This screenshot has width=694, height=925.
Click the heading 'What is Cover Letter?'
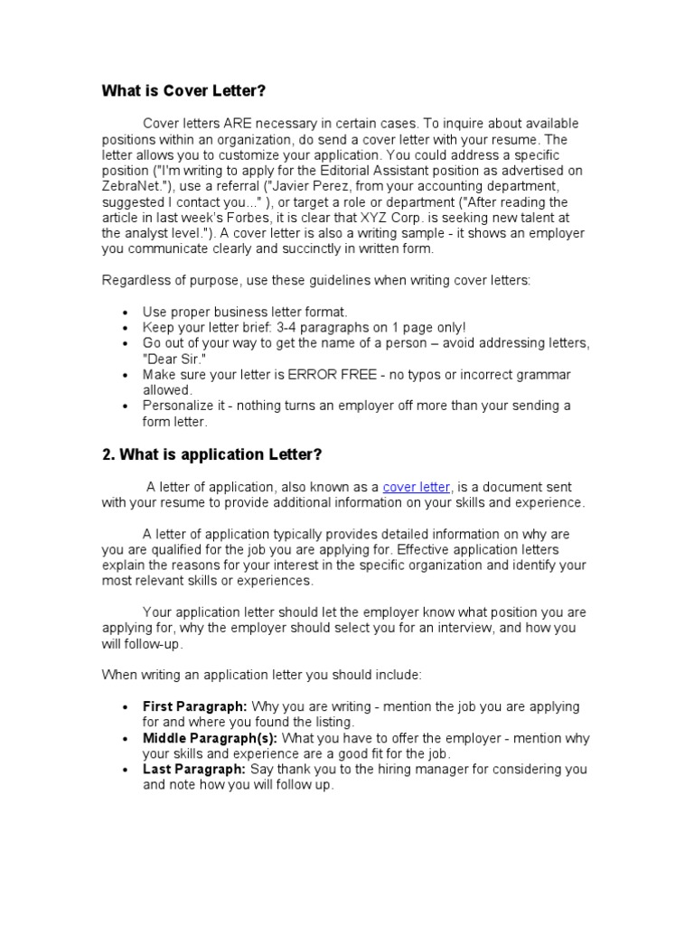[x=183, y=91]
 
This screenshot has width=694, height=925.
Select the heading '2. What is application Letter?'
[x=212, y=454]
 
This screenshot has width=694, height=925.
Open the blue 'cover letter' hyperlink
[x=416, y=487]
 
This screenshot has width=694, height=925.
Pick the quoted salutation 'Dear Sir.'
[x=170, y=359]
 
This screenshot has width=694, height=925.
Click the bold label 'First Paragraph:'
[x=194, y=706]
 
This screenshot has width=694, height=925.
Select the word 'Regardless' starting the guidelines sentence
[x=134, y=280]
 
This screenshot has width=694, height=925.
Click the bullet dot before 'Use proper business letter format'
[x=123, y=312]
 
